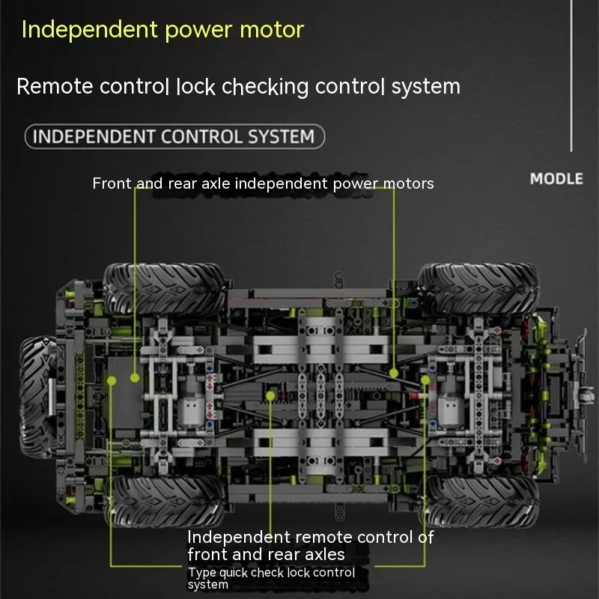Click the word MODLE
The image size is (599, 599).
[x=556, y=179]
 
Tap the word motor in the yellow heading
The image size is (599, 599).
[x=272, y=29]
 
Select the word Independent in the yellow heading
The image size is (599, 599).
[x=90, y=29]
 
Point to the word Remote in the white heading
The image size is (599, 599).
[x=55, y=86]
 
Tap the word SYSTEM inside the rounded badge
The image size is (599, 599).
[x=282, y=137]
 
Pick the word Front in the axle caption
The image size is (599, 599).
[x=112, y=183]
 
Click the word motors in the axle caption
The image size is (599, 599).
[x=408, y=183]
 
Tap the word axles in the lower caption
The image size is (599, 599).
[x=324, y=555]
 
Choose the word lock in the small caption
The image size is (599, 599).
[x=298, y=572]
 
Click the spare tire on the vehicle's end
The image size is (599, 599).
[x=38, y=396]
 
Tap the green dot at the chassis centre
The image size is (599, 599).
[x=270, y=396]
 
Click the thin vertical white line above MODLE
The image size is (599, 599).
[x=571, y=76]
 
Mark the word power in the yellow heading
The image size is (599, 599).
[x=198, y=31]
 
